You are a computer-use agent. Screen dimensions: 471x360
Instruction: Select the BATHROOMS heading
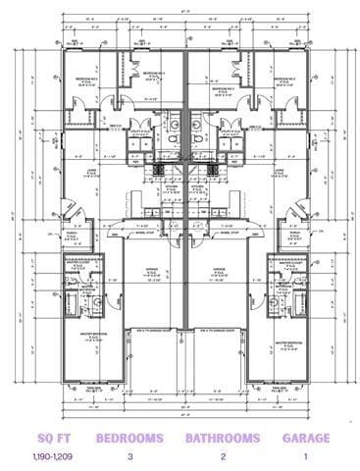[x=222, y=439]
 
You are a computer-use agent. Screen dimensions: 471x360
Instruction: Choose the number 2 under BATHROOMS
[x=222, y=458]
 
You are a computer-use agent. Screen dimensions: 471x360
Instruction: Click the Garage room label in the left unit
[x=148, y=273]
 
